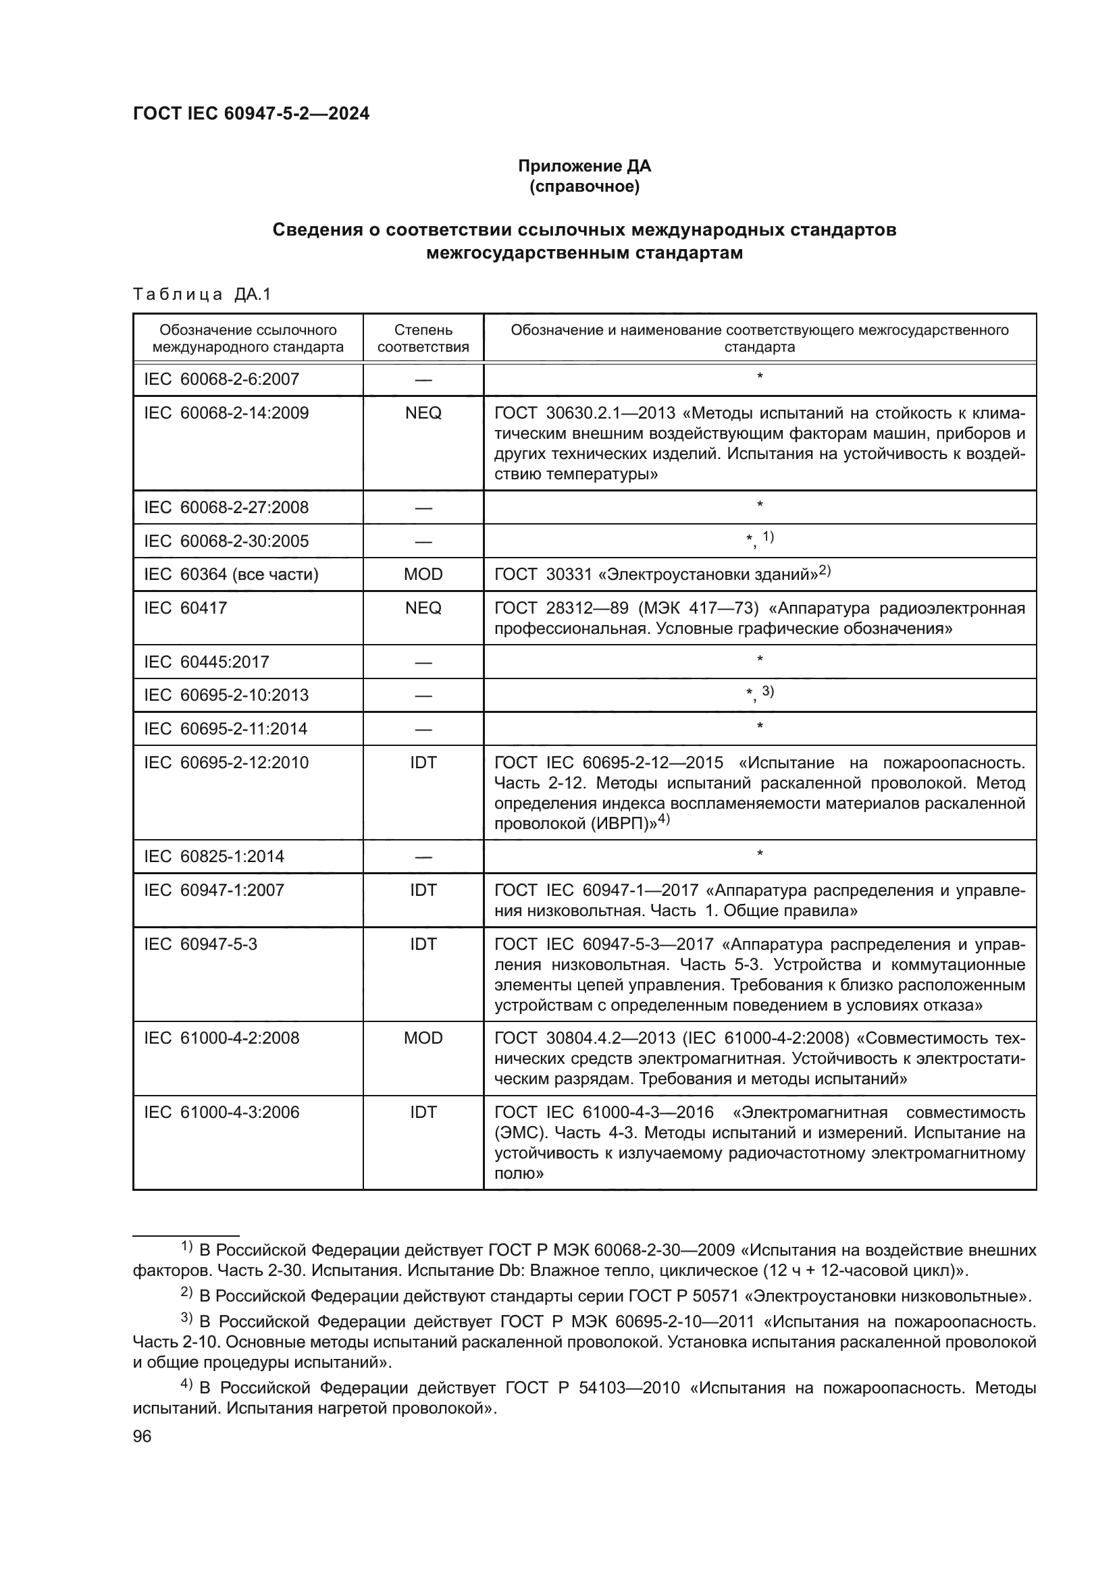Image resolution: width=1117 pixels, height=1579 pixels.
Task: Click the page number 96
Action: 142,1437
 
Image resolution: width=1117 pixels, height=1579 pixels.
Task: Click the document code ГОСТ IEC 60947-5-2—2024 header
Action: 251,113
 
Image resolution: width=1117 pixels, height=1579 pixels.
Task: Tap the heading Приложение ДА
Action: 584,166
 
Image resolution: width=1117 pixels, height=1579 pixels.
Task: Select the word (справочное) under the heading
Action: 584,186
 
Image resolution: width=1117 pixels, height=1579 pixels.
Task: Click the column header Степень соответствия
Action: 423,338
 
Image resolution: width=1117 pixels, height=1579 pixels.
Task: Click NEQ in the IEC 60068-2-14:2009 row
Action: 423,412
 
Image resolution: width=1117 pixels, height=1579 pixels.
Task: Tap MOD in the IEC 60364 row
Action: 423,574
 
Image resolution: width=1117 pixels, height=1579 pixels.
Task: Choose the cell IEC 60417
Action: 185,608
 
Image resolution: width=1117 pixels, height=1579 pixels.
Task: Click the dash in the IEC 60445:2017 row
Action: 423,662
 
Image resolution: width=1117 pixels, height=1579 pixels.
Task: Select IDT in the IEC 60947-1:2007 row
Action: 423,890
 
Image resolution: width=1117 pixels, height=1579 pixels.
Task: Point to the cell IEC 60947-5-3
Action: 200,944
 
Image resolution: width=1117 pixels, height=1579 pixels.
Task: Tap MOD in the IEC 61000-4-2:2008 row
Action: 423,1038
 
